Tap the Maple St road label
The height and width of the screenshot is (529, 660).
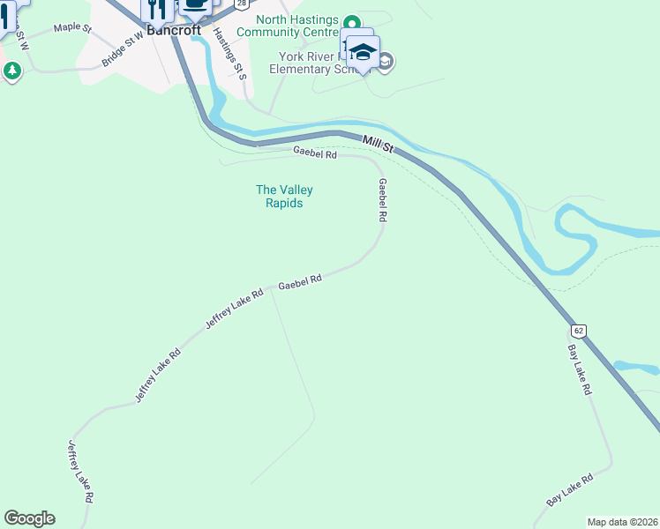coord(72,28)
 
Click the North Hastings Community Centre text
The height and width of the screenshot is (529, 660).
coord(296,26)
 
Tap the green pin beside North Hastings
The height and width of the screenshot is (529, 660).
coord(351,23)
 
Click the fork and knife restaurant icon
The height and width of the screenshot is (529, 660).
coord(157,9)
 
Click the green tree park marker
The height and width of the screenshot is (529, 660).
coord(11,71)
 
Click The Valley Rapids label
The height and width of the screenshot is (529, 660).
coord(284,197)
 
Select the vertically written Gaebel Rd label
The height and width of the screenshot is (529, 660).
coord(383,200)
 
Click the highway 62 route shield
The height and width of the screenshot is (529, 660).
coord(578,330)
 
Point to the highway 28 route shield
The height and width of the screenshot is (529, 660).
coord(240,4)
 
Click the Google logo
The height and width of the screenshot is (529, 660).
coord(29,518)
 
